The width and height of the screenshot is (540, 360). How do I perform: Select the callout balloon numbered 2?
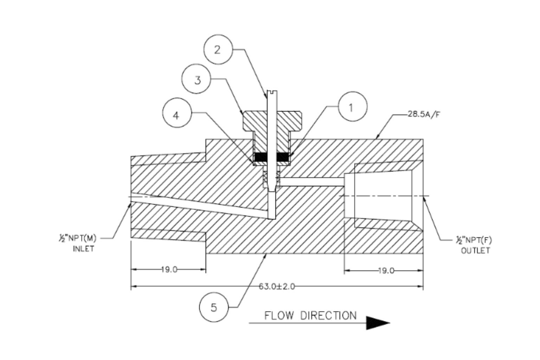218,50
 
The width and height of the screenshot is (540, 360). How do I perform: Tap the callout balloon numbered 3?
198,80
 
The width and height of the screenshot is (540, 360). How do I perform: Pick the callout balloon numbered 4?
177,115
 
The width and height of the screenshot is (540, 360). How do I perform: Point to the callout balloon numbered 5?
213,308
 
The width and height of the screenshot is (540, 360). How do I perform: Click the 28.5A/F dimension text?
423,115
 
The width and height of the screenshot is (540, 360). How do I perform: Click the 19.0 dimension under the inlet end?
169,270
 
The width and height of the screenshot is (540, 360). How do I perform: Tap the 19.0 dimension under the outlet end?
386,270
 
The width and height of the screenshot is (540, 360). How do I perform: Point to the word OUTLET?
475,251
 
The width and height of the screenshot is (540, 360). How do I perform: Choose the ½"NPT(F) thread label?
474,240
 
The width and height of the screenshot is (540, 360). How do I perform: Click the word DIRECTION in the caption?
328,315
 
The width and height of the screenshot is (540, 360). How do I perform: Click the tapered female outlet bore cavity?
383,195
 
